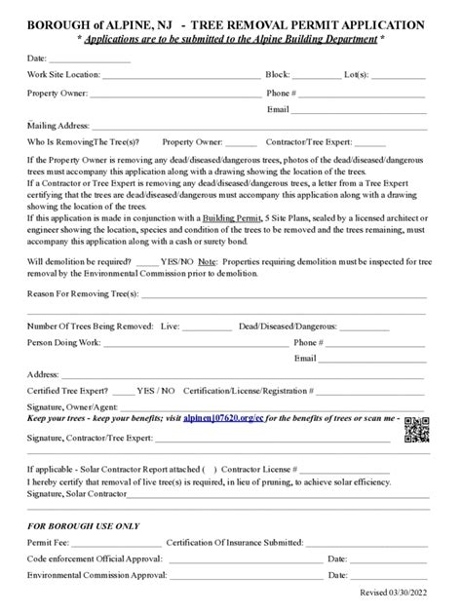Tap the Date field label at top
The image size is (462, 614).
coord(37,58)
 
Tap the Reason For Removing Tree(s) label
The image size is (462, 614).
coord(83,292)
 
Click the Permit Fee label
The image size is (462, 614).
coord(49,542)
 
